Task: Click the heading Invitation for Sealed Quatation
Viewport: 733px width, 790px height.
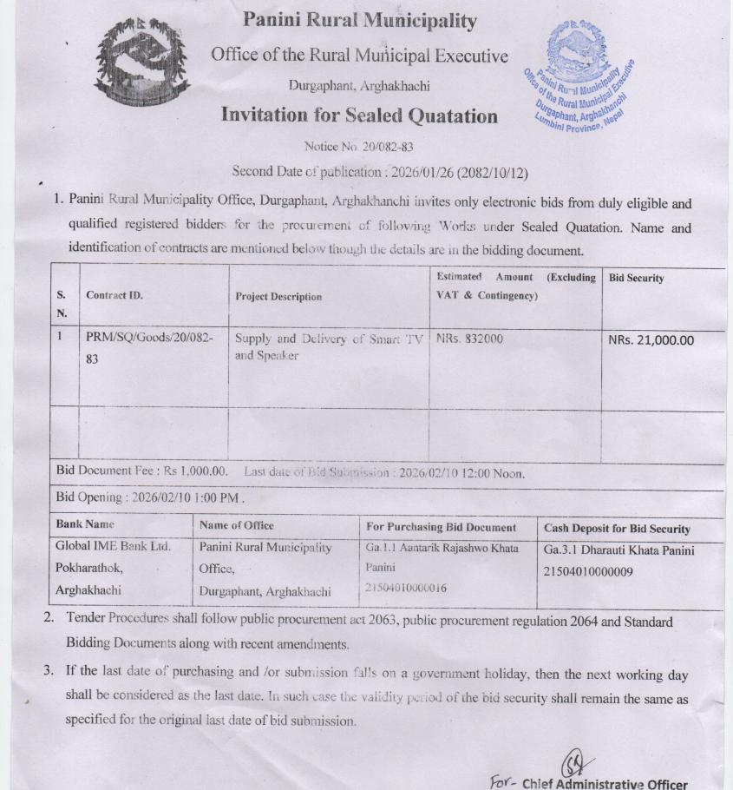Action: (x=359, y=115)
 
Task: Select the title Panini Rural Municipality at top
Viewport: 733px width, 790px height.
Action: (x=359, y=20)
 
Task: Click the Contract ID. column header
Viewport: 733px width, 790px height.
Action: (x=115, y=295)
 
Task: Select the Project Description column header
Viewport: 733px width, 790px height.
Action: (x=278, y=296)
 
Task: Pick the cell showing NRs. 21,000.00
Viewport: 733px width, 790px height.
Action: (x=651, y=339)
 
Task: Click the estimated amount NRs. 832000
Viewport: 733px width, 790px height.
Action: (x=469, y=339)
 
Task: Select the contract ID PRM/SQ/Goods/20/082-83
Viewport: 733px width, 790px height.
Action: (x=149, y=347)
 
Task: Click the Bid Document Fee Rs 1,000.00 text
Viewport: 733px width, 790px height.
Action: (x=142, y=471)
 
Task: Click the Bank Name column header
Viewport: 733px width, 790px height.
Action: (x=85, y=524)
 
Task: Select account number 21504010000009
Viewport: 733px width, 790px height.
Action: (x=588, y=571)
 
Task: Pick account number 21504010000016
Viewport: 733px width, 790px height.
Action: (x=407, y=588)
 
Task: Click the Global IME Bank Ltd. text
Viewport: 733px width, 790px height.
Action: (x=113, y=547)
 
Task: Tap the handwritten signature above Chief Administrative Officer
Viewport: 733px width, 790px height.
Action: (x=573, y=763)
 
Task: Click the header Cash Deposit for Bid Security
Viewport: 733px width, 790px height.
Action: (x=617, y=528)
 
